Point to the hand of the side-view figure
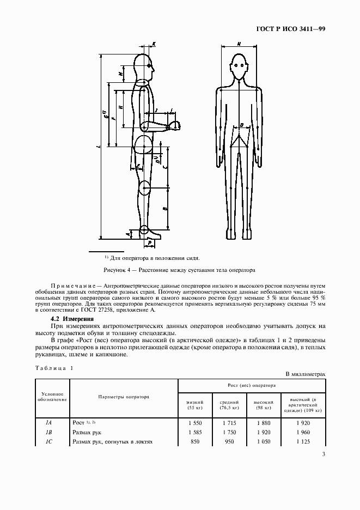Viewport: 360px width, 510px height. coord(176,126)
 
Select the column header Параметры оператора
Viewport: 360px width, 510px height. coord(124,397)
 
